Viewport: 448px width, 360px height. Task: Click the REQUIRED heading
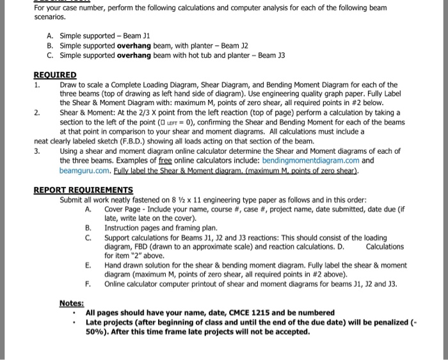pos(55,75)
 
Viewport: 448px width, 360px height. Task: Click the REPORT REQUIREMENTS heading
pos(83,190)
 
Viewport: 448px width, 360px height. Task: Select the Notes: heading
pos(72,302)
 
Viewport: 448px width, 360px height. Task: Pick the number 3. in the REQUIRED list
pos(38,151)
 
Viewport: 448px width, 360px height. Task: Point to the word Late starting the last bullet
pos(95,322)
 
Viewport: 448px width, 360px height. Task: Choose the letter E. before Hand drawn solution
pos(89,265)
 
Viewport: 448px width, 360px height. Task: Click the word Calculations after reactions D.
pos(385,246)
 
